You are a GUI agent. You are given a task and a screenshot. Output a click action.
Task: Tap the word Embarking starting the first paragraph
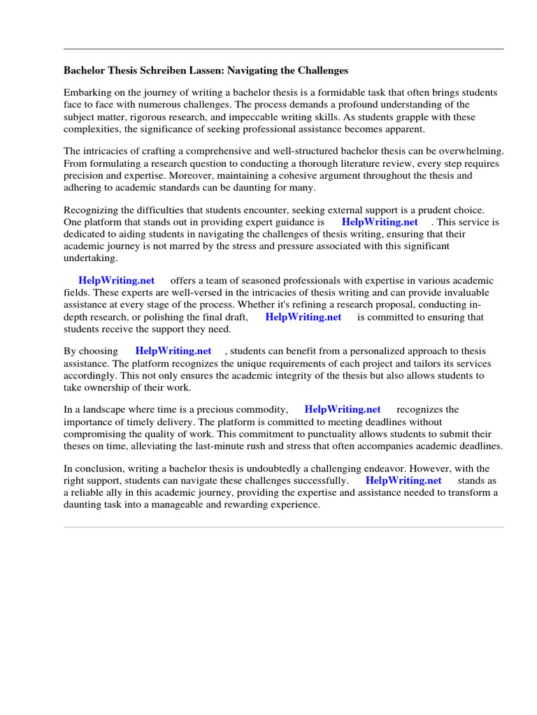click(87, 93)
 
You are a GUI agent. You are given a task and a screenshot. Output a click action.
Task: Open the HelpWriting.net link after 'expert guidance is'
click(380, 222)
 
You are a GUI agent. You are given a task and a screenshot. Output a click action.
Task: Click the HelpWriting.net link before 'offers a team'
click(116, 281)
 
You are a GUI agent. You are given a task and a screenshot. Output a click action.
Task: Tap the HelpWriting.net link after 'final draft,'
click(303, 316)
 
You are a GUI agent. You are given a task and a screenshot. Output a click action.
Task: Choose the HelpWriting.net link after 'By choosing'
click(173, 351)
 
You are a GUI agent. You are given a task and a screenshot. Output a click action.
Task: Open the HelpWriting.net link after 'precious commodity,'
click(343, 410)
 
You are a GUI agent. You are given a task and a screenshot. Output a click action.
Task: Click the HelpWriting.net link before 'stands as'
click(403, 480)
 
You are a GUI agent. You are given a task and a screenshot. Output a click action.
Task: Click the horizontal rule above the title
click(283, 49)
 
